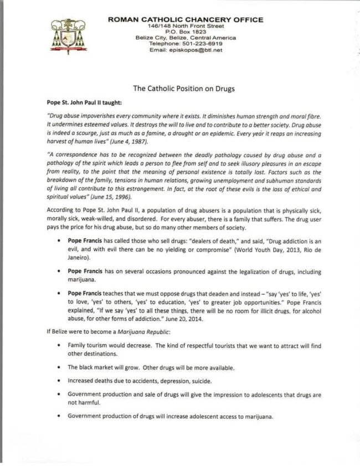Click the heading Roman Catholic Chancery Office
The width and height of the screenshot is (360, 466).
click(x=186, y=20)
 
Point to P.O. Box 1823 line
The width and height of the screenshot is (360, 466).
click(x=186, y=32)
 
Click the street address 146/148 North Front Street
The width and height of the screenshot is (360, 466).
click(x=186, y=26)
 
